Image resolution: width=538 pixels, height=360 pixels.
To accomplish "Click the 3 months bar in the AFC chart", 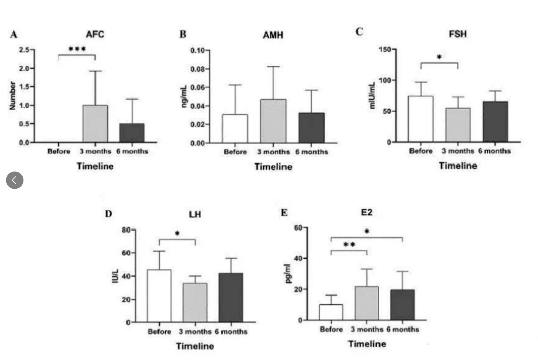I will pyautogui.click(x=96, y=123).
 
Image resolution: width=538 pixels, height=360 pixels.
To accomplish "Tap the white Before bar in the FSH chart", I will pyautogui.click(x=421, y=119).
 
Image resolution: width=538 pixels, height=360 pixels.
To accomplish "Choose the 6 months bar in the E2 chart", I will pyautogui.click(x=402, y=305).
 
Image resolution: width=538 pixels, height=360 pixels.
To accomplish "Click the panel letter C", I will pyautogui.click(x=359, y=31).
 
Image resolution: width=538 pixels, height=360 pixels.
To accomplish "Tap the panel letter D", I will pyautogui.click(x=108, y=213).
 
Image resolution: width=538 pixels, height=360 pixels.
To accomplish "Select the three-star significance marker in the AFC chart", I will pyautogui.click(x=77, y=49).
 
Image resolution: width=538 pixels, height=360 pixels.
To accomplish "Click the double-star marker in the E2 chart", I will pyautogui.click(x=349, y=245).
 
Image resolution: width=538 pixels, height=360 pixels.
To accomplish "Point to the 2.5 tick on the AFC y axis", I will pyautogui.click(x=24, y=50).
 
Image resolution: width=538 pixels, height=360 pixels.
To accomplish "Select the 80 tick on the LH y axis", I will pyautogui.click(x=124, y=230).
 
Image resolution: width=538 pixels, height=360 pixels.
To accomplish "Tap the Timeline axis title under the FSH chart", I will pyautogui.click(x=458, y=165).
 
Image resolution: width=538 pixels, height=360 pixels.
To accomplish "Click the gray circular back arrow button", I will pyautogui.click(x=15, y=180).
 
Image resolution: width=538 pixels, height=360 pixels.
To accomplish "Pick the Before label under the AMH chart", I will pyautogui.click(x=235, y=152).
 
